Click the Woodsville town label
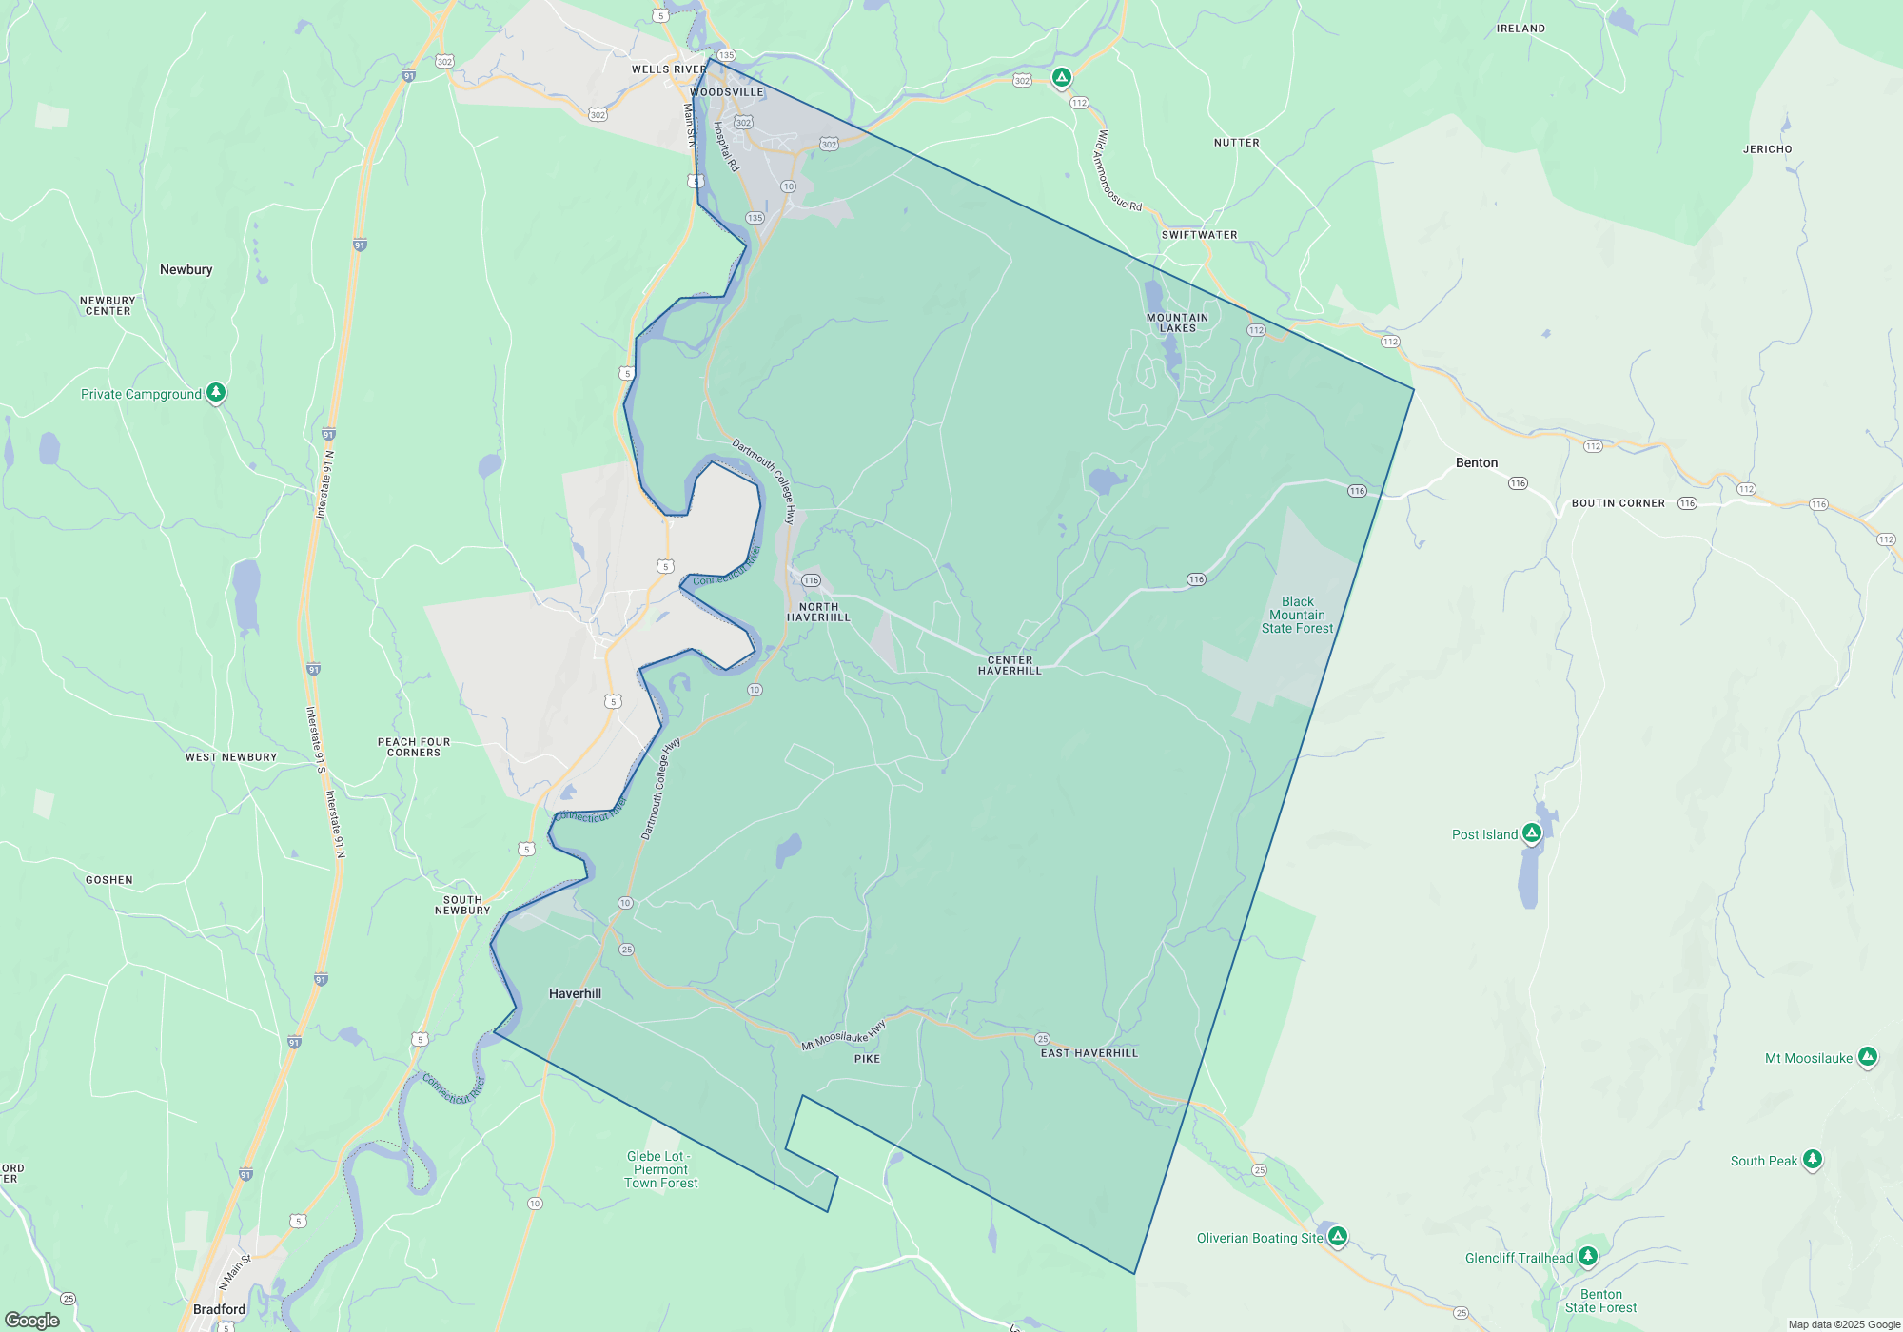point(728,92)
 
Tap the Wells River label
point(669,69)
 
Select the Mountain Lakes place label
point(1177,323)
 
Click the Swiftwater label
point(1199,235)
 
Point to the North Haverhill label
point(818,612)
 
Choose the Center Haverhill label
point(1010,665)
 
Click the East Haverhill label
point(1089,1053)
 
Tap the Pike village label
point(867,1059)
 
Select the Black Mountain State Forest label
point(1297,615)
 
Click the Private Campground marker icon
point(216,392)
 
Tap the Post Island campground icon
point(1531,833)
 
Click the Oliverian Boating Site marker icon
point(1338,1236)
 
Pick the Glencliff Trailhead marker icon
point(1587,1256)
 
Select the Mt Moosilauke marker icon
point(1868,1056)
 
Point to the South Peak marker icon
point(1813,1159)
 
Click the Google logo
point(32,1320)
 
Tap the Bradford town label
point(219,1309)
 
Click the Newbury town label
point(186,269)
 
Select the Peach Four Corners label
point(414,747)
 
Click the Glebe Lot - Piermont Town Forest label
point(660,1169)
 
